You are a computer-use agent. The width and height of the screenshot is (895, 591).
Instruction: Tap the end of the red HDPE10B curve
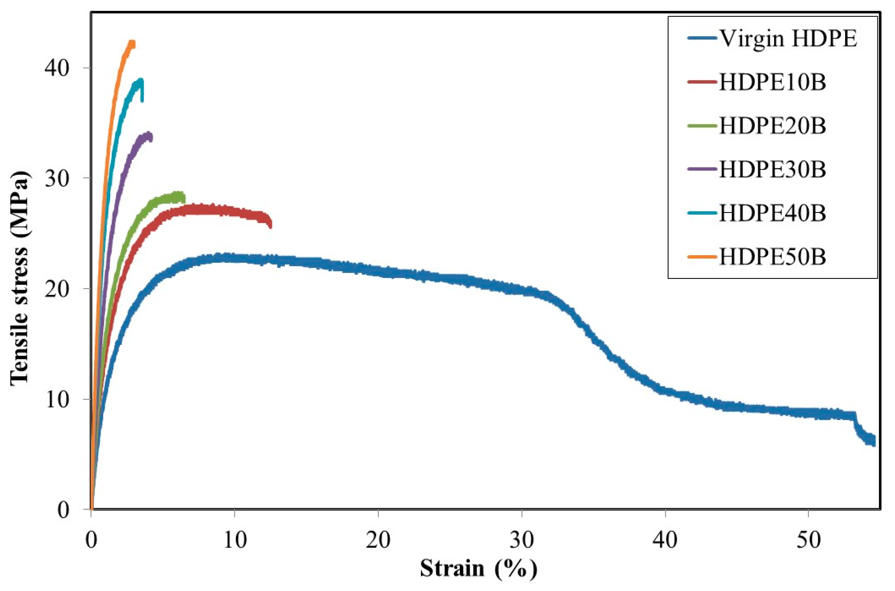coord(270,225)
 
